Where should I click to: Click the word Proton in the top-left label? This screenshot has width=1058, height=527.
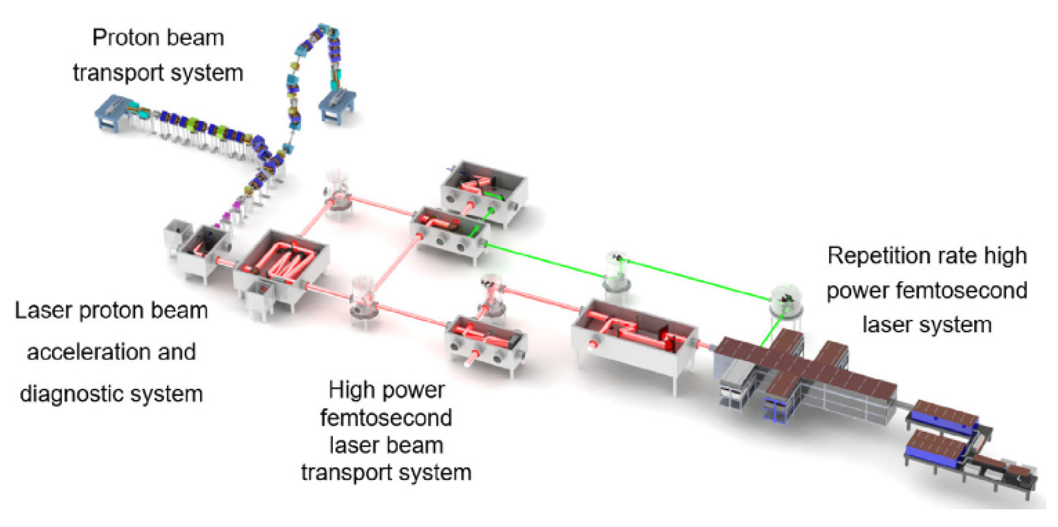[x=123, y=38]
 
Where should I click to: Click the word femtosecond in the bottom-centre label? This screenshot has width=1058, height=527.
[x=386, y=418]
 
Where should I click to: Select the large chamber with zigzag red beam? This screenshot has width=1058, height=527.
[x=281, y=263]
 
